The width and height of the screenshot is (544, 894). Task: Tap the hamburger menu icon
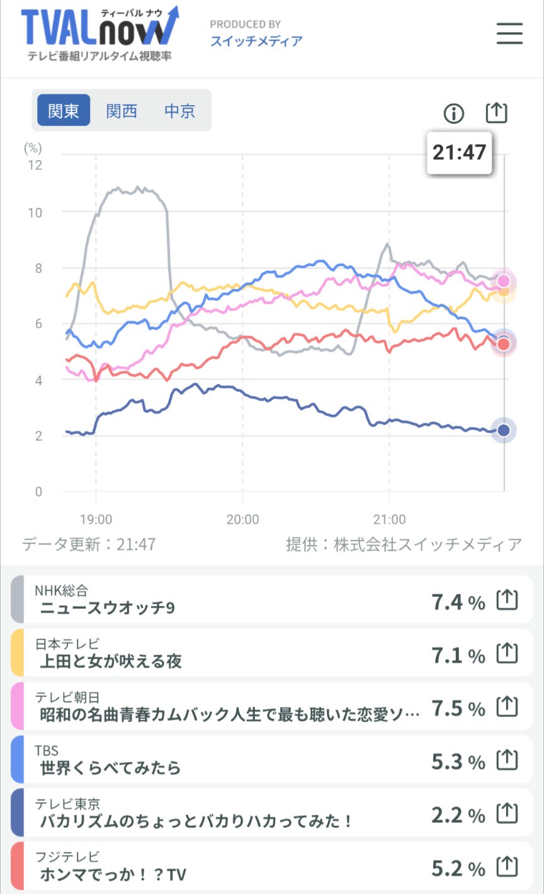509,33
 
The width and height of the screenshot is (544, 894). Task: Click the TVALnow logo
99,33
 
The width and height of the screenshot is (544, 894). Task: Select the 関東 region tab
64,111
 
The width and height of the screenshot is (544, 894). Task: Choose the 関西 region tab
122,111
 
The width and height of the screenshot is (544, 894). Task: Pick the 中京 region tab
179,111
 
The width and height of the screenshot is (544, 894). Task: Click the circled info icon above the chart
453,113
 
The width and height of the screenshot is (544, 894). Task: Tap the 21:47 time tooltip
459,152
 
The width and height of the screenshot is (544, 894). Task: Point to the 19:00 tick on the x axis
96,520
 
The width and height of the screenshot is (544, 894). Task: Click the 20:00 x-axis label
242,520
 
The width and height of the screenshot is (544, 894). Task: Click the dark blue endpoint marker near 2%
503,430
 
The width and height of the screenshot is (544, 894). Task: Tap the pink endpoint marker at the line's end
503,281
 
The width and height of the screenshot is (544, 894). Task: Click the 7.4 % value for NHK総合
458,603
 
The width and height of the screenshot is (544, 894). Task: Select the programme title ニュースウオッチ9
107,608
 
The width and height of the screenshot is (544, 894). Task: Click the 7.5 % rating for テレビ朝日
458,709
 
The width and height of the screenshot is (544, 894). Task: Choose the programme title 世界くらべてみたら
110,768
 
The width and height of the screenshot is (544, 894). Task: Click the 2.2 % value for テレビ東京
458,815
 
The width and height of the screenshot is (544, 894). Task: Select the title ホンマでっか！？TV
113,874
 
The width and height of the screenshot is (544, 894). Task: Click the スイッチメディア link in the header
256,41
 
